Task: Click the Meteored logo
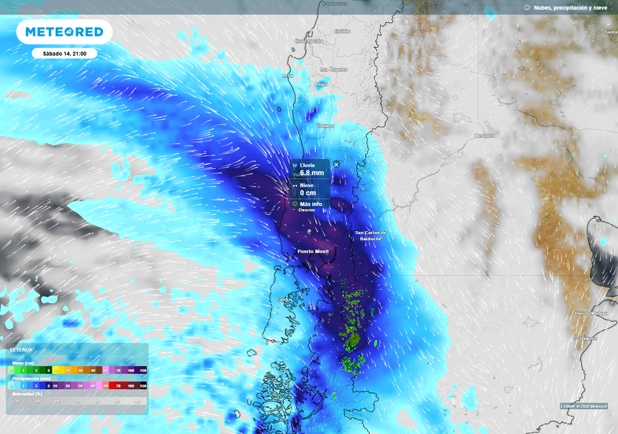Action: pos(64,32)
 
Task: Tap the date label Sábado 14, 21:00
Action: pos(65,54)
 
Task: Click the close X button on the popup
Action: pos(336,164)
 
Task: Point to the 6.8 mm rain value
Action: pos(311,173)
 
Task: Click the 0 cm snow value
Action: pos(308,193)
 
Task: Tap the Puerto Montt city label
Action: pos(313,251)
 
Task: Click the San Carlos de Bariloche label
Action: pos(370,236)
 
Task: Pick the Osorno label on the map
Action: pos(307,210)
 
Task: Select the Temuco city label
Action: pos(325,126)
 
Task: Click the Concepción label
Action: pos(309,41)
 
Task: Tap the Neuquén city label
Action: pos(485,136)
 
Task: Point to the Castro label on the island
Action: pos(284,300)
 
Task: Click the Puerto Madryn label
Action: pos(590,313)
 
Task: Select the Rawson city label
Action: pos(588,339)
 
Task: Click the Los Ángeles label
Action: pos(334,69)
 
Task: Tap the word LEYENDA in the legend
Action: pos(22,350)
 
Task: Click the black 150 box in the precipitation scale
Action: pos(143,385)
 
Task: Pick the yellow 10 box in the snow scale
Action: pos(55,370)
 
